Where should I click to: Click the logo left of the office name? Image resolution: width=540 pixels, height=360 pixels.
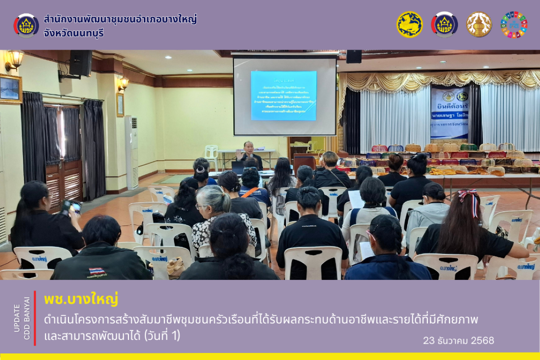click(26, 26)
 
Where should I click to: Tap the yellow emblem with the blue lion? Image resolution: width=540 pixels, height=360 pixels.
click(409, 24)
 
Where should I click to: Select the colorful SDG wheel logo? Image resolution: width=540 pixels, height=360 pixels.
click(514, 24)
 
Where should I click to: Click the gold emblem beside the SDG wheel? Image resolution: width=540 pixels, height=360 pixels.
click(479, 24)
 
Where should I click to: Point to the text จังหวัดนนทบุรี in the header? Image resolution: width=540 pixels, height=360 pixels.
click(74, 34)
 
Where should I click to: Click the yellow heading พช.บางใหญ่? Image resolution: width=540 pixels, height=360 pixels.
click(81, 299)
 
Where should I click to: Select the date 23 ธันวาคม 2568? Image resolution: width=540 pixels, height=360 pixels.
click(458, 341)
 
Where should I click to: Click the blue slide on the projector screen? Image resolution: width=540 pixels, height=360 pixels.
click(283, 95)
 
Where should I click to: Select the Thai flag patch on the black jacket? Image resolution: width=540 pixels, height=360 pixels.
click(97, 271)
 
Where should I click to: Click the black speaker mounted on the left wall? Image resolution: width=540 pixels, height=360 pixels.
click(80, 63)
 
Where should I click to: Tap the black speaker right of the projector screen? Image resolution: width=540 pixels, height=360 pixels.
click(354, 56)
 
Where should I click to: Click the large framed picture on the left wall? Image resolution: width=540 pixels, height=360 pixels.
click(10, 88)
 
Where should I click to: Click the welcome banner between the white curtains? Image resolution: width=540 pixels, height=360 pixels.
click(449, 112)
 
